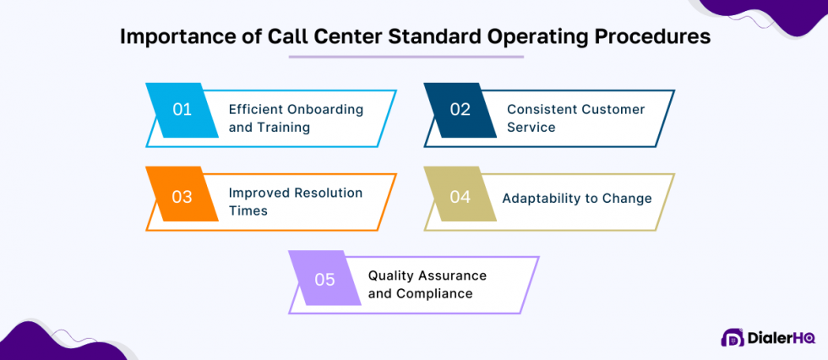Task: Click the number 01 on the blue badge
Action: pyautogui.click(x=182, y=109)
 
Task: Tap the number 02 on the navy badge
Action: pyautogui.click(x=460, y=109)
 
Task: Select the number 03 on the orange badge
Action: pyautogui.click(x=182, y=197)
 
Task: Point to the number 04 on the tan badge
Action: pyautogui.click(x=460, y=197)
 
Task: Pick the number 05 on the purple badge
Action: pyautogui.click(x=325, y=280)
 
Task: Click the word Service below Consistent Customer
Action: pyautogui.click(x=531, y=128)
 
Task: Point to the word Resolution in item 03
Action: pyautogui.click(x=328, y=193)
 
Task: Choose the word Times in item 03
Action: pyautogui.click(x=248, y=210)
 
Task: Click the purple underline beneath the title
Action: pyautogui.click(x=406, y=57)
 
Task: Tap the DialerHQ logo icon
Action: pyautogui.click(x=732, y=337)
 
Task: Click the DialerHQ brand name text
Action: pyautogui.click(x=781, y=337)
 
